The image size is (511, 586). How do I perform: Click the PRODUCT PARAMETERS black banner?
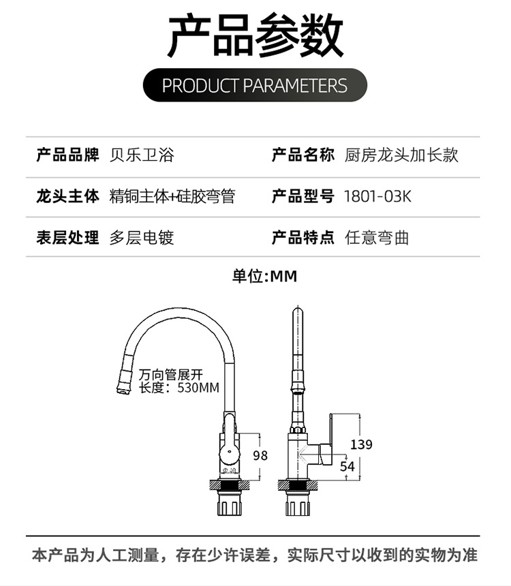(255, 85)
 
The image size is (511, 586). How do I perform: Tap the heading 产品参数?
(255, 35)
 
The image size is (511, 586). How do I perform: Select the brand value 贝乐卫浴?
(142, 155)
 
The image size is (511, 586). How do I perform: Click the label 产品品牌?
(67, 155)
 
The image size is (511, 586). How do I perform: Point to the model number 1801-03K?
(377, 196)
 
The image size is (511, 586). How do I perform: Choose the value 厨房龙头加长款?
(401, 155)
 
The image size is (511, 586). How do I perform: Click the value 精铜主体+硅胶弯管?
(172, 196)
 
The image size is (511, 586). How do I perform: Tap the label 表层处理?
(67, 238)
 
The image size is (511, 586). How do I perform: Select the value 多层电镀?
(142, 238)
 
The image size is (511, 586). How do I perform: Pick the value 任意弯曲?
(377, 238)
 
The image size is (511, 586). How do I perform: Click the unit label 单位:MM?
(264, 276)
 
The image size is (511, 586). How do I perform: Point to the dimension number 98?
(260, 456)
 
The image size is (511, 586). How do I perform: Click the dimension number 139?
(361, 444)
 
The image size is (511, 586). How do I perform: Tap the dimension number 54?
(347, 466)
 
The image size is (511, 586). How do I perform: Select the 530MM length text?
(198, 388)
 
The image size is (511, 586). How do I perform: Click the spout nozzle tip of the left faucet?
(123, 390)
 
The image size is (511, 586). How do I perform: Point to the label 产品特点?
(303, 238)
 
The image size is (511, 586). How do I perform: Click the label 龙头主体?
(67, 196)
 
